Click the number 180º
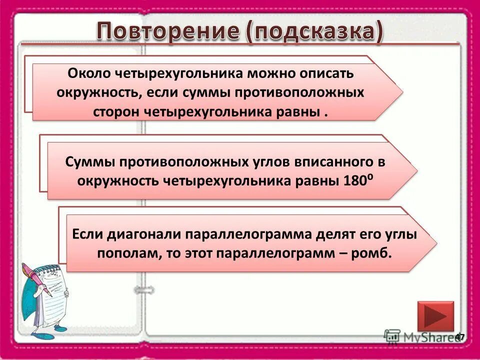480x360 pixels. pos(357,180)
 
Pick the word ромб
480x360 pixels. pos(372,252)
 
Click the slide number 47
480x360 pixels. pos(459,336)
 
